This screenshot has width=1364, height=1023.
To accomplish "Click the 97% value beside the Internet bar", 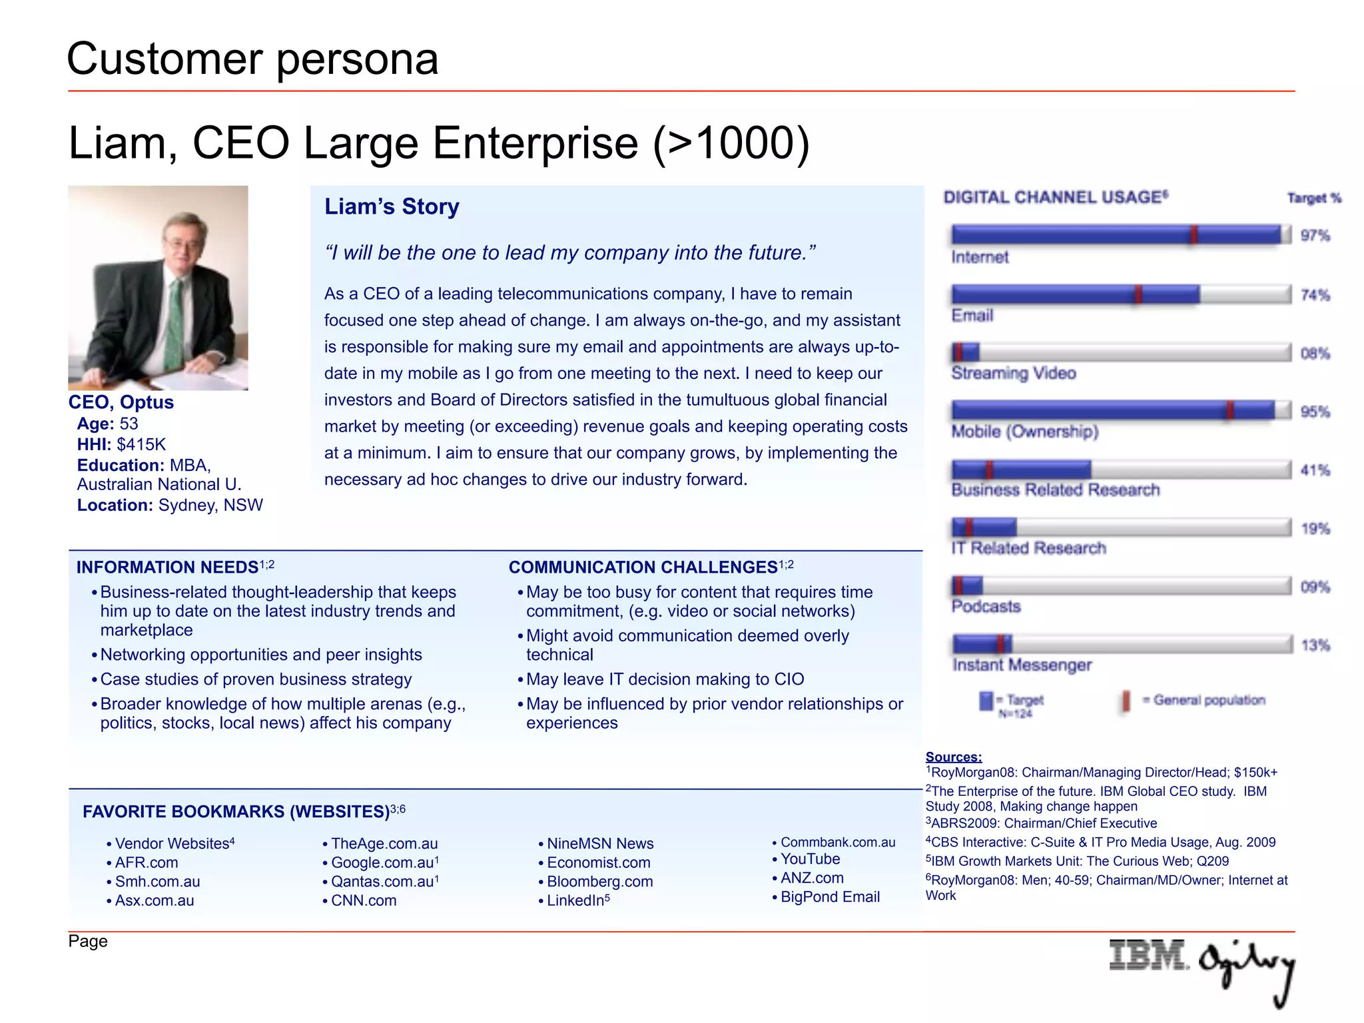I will click(x=1315, y=236).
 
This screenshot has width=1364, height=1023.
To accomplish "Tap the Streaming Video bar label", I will click(x=1013, y=373).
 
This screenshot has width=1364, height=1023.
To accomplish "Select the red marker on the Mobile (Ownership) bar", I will click(x=1229, y=410).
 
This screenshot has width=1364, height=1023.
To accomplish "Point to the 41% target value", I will click(x=1315, y=470).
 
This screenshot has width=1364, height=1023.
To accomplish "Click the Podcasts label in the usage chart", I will click(x=986, y=606).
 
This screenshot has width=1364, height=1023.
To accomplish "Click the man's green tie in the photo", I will click(x=174, y=320).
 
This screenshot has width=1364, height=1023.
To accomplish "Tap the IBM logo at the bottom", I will click(x=1148, y=955).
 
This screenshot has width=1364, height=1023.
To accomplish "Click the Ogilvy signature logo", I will click(x=1247, y=969).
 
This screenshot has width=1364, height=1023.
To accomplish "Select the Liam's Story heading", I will click(x=392, y=206).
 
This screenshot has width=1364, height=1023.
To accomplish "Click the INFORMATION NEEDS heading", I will click(x=167, y=567).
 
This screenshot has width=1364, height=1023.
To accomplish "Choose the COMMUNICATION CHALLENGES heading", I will click(x=643, y=567).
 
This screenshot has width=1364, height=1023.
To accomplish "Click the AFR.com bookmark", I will click(x=147, y=862).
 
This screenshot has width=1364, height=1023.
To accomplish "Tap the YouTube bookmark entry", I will click(x=810, y=859).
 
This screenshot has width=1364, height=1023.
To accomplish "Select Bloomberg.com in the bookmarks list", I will click(x=599, y=882).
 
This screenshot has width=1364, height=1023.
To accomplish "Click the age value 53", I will click(x=129, y=424).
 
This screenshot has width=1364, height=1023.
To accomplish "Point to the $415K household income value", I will click(x=141, y=445).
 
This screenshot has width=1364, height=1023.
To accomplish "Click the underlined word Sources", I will click(x=953, y=757).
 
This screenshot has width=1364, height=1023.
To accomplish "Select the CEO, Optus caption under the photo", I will click(x=121, y=402).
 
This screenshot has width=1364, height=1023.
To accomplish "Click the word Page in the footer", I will click(x=87, y=941).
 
